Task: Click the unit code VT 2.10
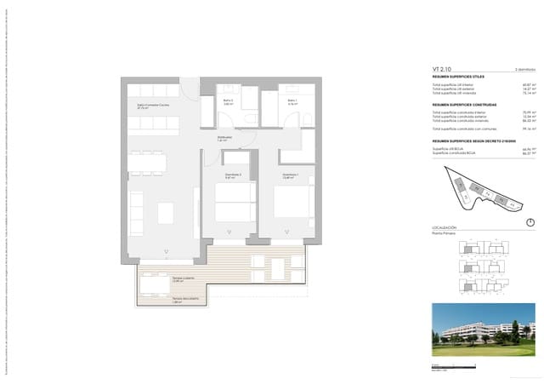(x=440, y=69)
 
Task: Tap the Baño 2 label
(x=229, y=101)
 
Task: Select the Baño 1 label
(x=292, y=101)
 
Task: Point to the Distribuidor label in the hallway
(x=224, y=137)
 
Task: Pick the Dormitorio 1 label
(x=291, y=175)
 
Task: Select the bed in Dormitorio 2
(x=233, y=203)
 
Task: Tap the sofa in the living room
(x=136, y=213)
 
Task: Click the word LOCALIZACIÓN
(x=445, y=227)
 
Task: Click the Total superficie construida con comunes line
(x=464, y=129)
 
